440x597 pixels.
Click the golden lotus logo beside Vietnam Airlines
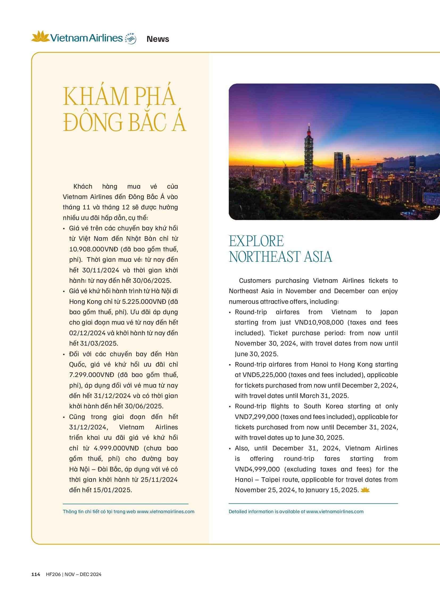pos(40,36)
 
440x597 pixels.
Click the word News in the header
pos(158,39)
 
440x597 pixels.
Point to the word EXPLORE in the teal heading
pos(256,241)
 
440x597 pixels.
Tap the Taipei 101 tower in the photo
pos(309,149)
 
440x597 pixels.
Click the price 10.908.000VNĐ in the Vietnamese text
pos(94,249)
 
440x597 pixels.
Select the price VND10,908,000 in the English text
pos(319,322)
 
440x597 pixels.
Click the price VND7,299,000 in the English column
pos(257,417)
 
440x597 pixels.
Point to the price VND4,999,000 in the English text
pos(257,469)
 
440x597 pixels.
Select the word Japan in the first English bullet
pos(389,312)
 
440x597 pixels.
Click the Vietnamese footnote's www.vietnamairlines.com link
pos(166,512)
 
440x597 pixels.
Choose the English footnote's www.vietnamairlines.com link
pos(335,512)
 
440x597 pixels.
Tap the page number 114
pos(36,574)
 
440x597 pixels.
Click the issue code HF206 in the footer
pos(53,574)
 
